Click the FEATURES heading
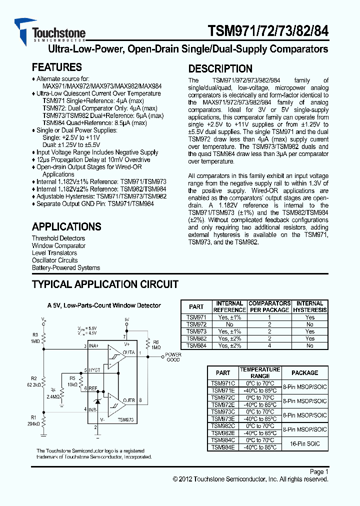tap(56, 67)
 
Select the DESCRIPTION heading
tap(220, 69)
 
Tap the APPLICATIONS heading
tap(66, 226)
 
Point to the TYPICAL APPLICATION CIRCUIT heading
tap(105, 284)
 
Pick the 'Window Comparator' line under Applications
tap(58, 245)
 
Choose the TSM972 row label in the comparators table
tap(196, 324)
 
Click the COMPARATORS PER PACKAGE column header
tap(269, 306)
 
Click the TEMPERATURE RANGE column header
tap(260, 372)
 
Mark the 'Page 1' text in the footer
tap(319, 471)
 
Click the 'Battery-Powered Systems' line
tap(66, 267)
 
